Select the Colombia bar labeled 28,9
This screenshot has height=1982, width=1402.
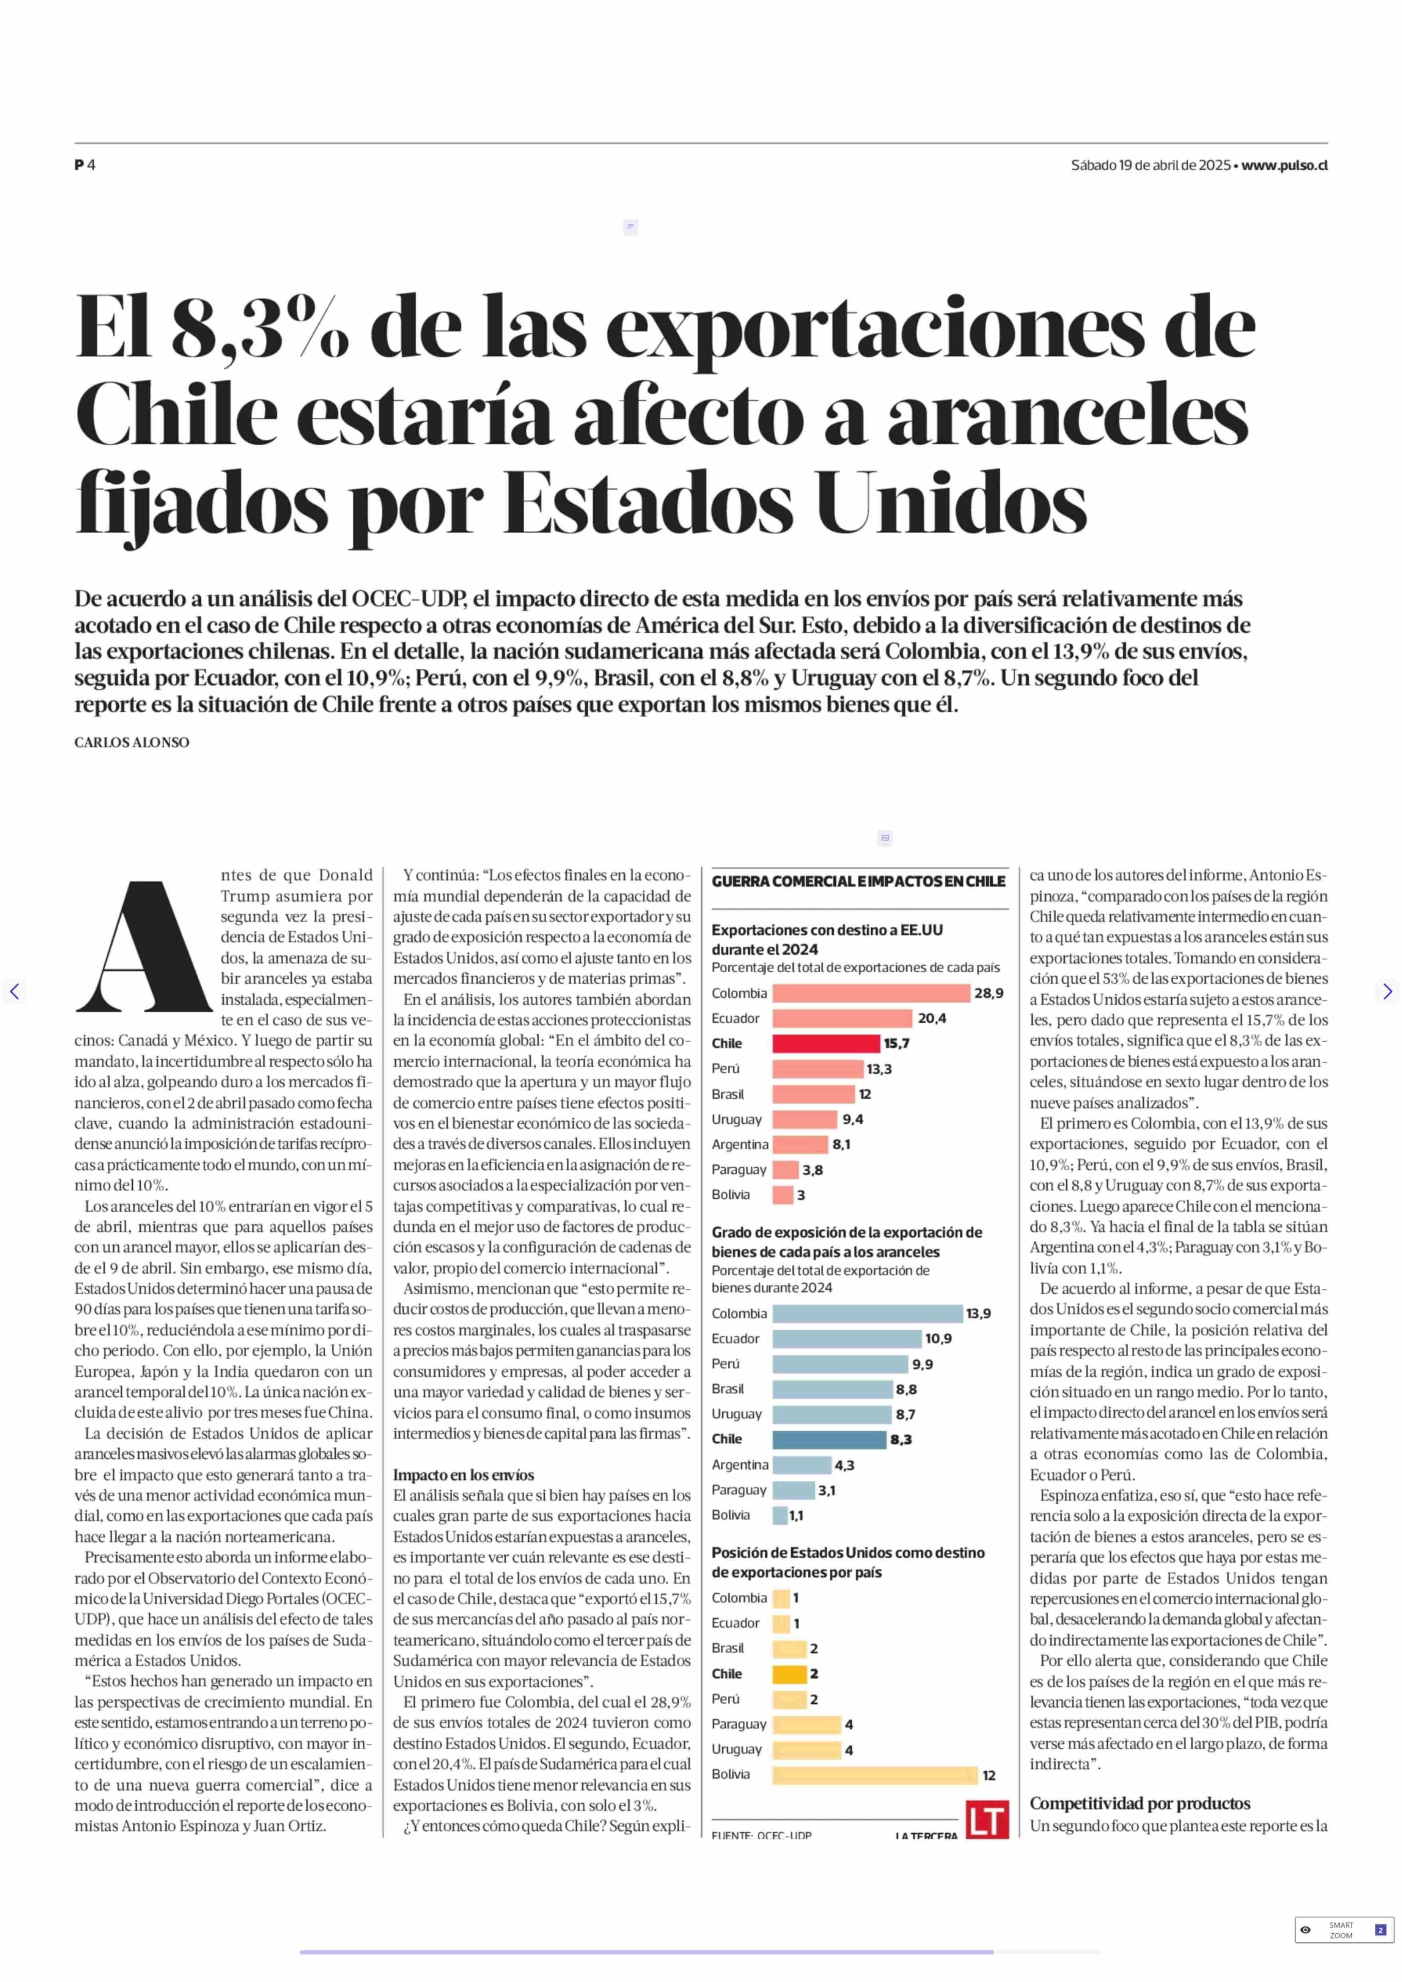point(870,993)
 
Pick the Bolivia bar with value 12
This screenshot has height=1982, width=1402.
point(874,1775)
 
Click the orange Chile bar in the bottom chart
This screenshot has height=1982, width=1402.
point(789,1674)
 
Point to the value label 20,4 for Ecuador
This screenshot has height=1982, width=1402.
point(932,1018)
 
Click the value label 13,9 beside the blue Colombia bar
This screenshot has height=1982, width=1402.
point(978,1314)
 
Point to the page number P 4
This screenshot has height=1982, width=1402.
point(85,165)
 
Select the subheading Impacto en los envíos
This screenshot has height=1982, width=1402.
point(464,1475)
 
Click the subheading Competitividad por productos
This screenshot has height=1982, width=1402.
point(1139,1803)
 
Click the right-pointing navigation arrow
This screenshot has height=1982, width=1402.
point(1386,991)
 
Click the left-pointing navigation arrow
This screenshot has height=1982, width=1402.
point(14,991)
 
